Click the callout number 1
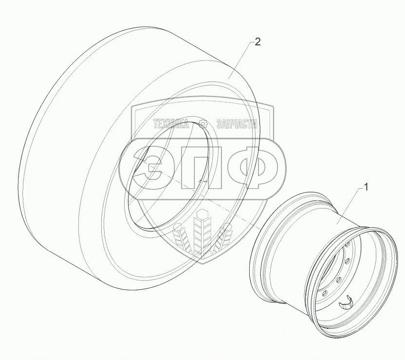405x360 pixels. pyautogui.click(x=366, y=187)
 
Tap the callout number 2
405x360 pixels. pyautogui.click(x=258, y=41)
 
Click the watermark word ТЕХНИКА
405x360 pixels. pyautogui.click(x=171, y=124)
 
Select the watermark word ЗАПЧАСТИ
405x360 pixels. pyautogui.click(x=237, y=124)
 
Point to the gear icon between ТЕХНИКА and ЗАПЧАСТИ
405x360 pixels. pyautogui.click(x=203, y=124)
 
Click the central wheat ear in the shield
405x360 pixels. pyautogui.click(x=202, y=230)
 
